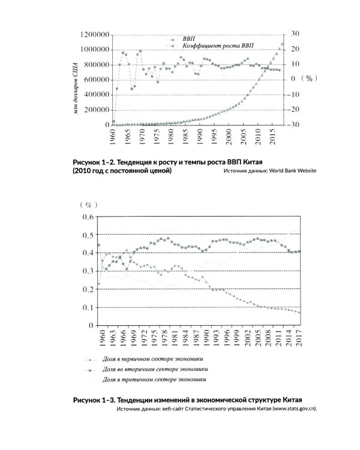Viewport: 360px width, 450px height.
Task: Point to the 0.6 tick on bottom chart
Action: [x=88, y=217]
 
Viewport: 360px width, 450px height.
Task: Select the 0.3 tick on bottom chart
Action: [x=88, y=271]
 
